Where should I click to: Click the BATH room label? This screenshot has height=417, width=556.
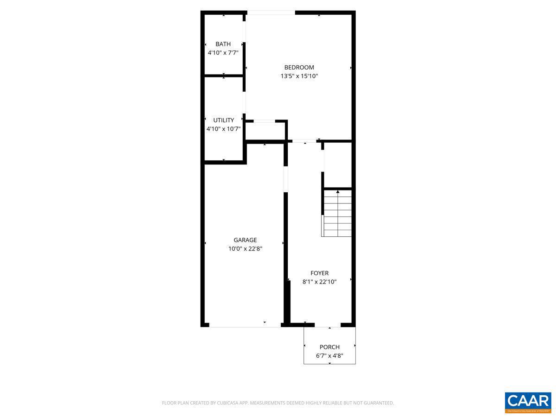(223, 44)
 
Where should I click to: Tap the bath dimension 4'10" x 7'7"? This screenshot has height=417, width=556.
(223, 53)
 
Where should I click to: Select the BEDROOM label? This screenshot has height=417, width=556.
(299, 67)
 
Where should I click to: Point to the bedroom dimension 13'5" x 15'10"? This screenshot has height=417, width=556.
(299, 76)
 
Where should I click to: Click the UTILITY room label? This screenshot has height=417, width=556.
(223, 120)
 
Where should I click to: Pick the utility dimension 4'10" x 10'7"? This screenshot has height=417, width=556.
(223, 129)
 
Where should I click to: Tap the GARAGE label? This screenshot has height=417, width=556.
(245, 240)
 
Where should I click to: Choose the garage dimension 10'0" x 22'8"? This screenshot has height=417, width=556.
(245, 249)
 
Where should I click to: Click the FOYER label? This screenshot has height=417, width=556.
(319, 273)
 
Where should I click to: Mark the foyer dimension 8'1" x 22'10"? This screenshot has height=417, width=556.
(319, 282)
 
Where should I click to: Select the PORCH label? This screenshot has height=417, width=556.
(329, 347)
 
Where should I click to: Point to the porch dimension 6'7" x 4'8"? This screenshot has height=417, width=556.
(329, 356)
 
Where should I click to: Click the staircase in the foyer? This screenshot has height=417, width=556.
(337, 214)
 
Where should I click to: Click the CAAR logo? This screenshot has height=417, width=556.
(528, 402)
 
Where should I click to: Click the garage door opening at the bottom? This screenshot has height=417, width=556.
(245, 326)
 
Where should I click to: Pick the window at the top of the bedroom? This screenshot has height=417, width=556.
(271, 13)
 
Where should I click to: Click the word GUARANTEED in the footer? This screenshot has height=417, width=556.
(378, 403)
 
